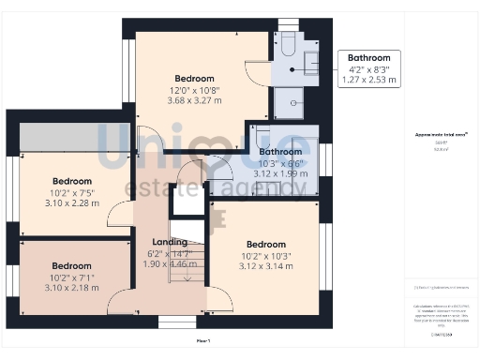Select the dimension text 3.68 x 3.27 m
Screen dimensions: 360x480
pos(194,100)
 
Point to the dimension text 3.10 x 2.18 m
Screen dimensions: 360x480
pos(71,288)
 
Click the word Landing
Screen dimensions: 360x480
pos(170,243)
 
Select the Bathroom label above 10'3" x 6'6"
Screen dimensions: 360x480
pos(280,151)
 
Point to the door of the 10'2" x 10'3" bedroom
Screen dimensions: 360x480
pos(219,302)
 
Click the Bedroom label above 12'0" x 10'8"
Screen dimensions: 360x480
pos(194,78)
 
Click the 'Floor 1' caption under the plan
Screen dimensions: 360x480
pos(202,340)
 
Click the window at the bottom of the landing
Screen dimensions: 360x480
pos(176,322)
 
